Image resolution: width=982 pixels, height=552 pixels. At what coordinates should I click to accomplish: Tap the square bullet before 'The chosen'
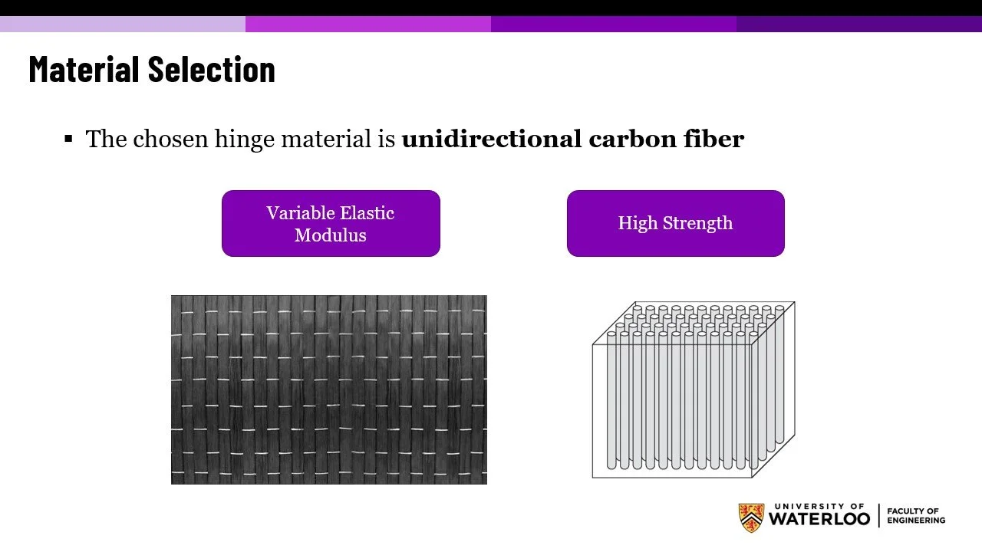[68, 139]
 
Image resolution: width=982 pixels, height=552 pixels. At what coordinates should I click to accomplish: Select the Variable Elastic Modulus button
[331, 223]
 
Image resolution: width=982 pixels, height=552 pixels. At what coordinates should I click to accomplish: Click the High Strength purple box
[675, 223]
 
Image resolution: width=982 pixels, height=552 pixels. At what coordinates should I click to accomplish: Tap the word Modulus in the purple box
[331, 235]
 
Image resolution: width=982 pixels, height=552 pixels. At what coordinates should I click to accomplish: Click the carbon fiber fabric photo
[328, 389]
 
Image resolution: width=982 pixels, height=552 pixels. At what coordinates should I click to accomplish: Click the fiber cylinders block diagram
[693, 389]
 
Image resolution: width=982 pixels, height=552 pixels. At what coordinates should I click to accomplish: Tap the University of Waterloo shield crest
[751, 518]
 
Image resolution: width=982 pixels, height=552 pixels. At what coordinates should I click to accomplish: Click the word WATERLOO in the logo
[819, 520]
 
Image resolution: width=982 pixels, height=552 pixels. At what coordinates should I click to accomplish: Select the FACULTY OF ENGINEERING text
[916, 515]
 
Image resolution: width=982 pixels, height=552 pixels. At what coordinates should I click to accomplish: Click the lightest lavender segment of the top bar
[123, 24]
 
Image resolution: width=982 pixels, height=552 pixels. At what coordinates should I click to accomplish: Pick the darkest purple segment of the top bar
[859, 24]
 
